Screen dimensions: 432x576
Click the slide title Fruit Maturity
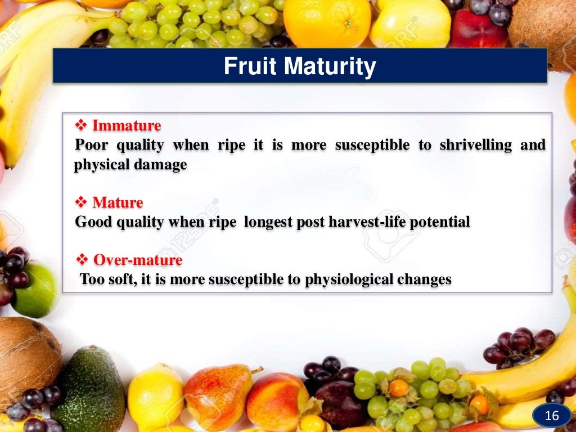click(300, 67)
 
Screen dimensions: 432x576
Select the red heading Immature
click(127, 125)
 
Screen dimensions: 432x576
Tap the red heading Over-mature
click(137, 260)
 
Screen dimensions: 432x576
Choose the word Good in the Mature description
click(94, 222)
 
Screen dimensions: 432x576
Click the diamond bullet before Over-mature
click(80, 260)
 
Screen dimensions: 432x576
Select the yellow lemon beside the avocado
click(155, 397)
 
